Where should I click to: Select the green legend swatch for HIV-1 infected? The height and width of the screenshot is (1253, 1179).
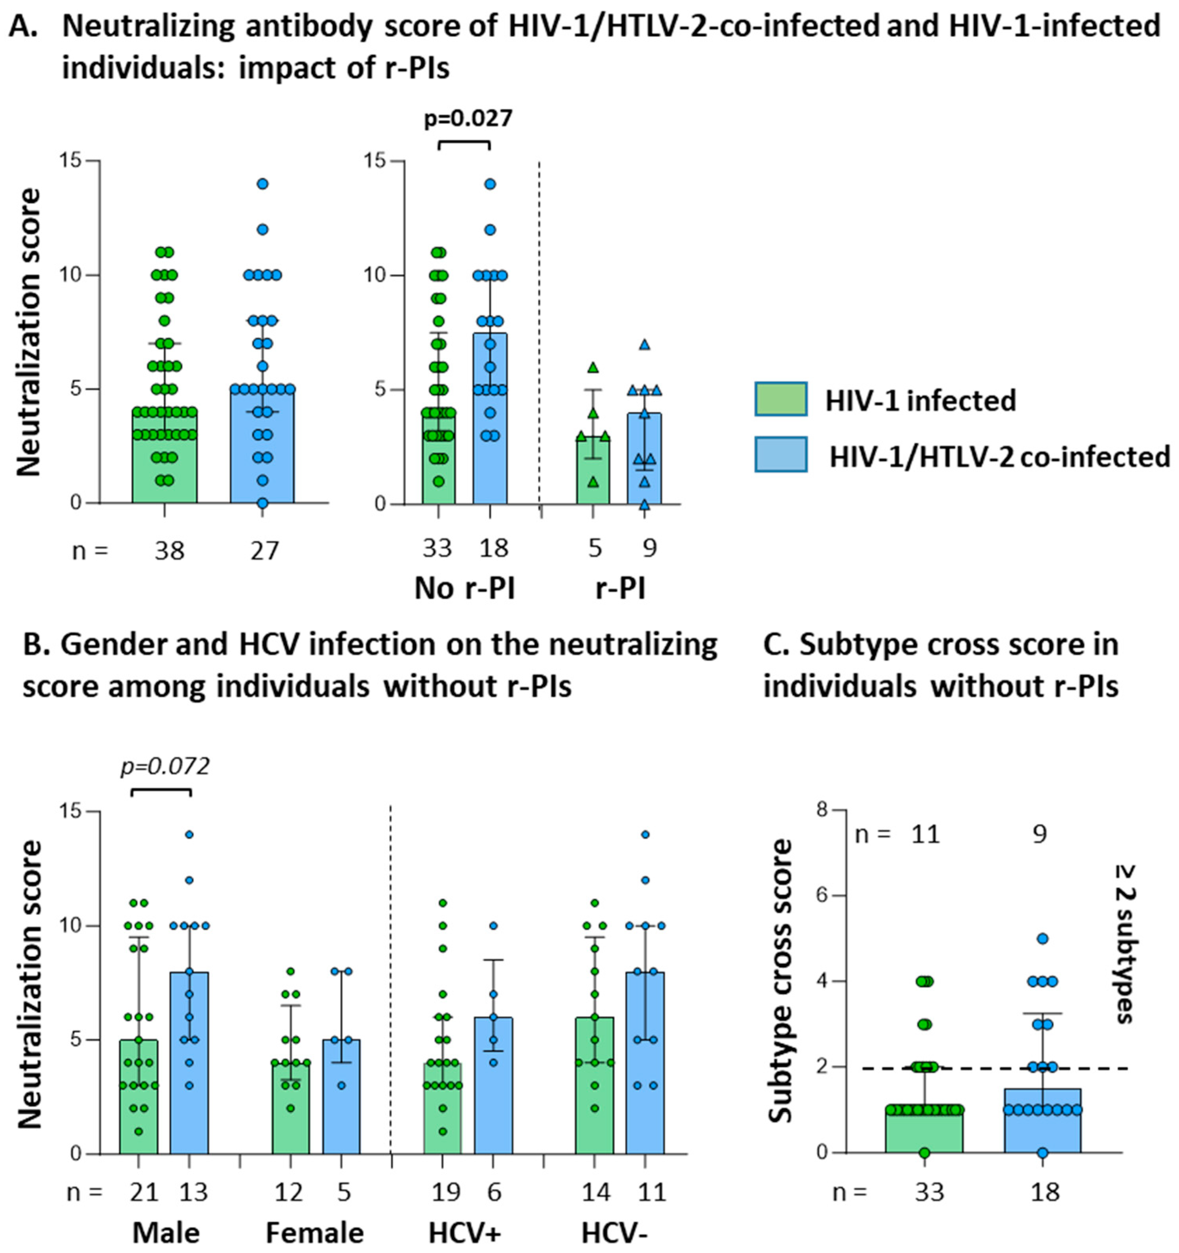click(x=781, y=399)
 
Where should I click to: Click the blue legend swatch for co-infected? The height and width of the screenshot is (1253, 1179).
click(x=781, y=454)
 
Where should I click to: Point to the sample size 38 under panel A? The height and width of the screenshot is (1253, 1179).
click(x=170, y=551)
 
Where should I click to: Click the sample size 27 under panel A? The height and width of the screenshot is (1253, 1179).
click(x=264, y=551)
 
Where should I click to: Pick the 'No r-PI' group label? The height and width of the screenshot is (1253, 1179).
click(x=465, y=589)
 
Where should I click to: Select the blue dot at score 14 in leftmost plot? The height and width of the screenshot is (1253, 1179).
click(x=263, y=184)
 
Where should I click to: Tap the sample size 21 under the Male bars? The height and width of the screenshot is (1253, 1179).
click(x=143, y=1192)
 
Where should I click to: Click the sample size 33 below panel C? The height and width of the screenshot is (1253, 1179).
click(x=929, y=1192)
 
